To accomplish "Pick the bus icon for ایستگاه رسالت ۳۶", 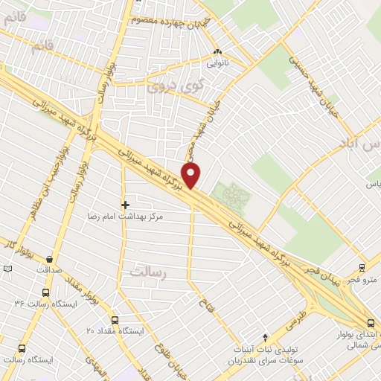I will point(46,292).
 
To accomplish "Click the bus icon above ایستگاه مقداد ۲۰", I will point(118,318).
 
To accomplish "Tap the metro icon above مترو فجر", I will point(362,268).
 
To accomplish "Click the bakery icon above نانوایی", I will point(217,52).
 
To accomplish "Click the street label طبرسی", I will point(295,318).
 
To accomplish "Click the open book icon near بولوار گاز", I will point(7,268).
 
